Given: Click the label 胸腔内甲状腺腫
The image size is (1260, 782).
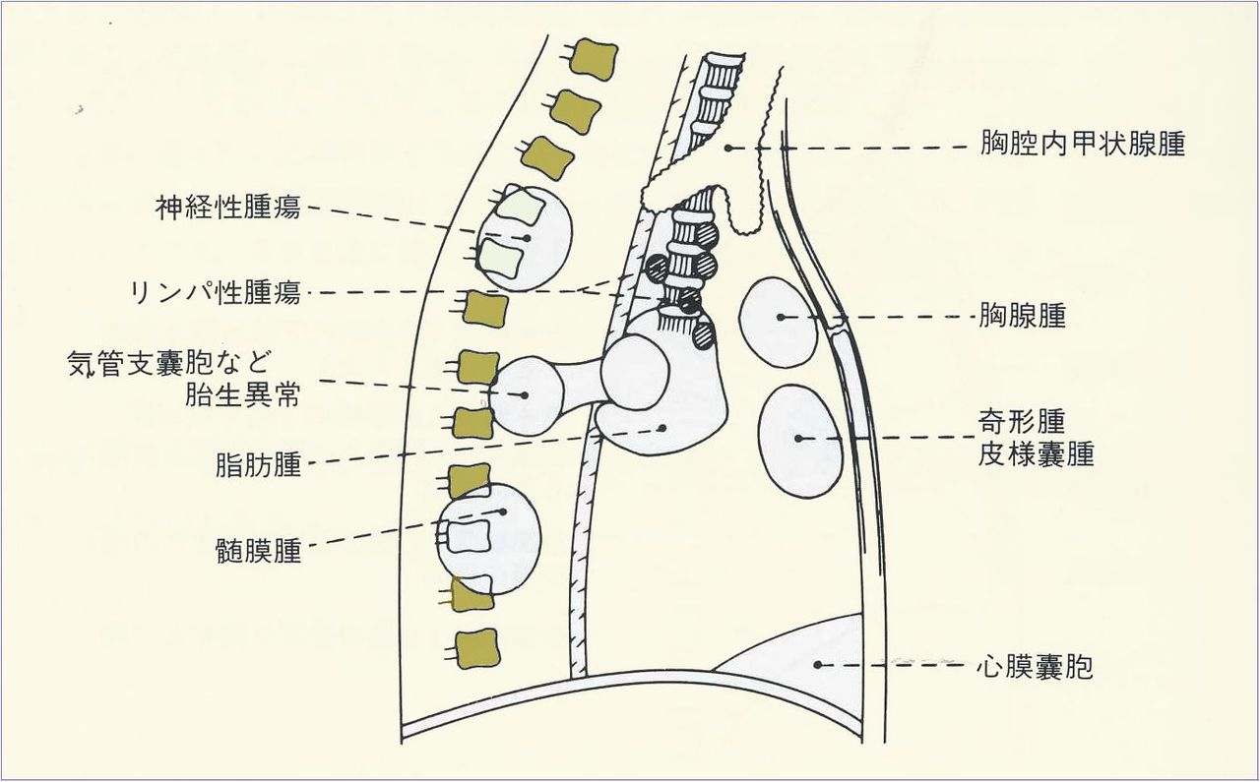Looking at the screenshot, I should (x=1083, y=146).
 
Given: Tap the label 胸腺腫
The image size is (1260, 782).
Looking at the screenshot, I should (x=1023, y=317).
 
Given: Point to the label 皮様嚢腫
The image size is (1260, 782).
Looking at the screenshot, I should (x=1037, y=454).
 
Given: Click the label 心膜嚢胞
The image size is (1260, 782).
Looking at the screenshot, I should (x=1035, y=668).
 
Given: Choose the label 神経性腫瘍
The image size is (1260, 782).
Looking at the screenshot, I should (x=228, y=208).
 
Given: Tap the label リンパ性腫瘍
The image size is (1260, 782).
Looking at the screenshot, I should (x=215, y=292).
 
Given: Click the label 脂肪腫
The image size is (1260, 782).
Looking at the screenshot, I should (x=258, y=465).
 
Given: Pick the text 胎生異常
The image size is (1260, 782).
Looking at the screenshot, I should (x=243, y=395).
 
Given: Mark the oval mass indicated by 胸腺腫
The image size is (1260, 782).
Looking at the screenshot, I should (x=778, y=323).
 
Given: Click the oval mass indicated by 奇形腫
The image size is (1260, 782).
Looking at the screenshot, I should (x=800, y=440).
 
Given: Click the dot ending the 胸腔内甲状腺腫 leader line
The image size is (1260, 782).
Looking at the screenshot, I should (x=728, y=148).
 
